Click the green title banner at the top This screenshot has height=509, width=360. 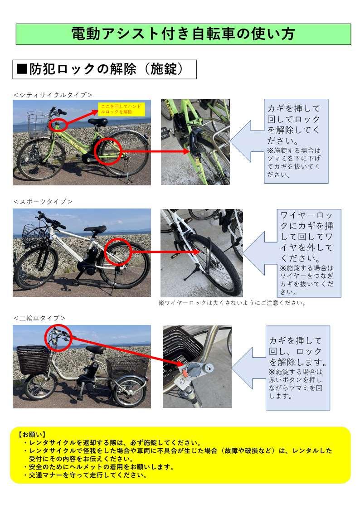pyautogui.click(x=184, y=34)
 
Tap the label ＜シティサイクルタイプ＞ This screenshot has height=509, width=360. pyautogui.click(x=53, y=95)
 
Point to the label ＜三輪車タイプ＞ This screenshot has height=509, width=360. pyautogui.click(x=39, y=318)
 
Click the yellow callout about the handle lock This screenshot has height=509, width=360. pyautogui.click(x=121, y=109)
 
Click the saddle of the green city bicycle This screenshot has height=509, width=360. pyautogui.click(x=97, y=122)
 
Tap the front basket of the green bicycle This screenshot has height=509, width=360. pyautogui.click(x=38, y=124)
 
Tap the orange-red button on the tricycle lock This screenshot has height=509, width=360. pyautogui.click(x=184, y=372)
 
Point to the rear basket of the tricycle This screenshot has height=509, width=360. pyautogui.click(x=128, y=367)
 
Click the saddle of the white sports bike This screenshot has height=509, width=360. pyautogui.click(x=95, y=229)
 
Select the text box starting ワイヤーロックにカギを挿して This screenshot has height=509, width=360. pyautogui.click(x=309, y=253)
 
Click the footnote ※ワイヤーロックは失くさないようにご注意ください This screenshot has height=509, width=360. pyautogui.click(x=232, y=303)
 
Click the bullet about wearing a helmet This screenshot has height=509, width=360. pyautogui.click(x=99, y=467)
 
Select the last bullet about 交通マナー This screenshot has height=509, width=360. pyautogui.click(x=85, y=475)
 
